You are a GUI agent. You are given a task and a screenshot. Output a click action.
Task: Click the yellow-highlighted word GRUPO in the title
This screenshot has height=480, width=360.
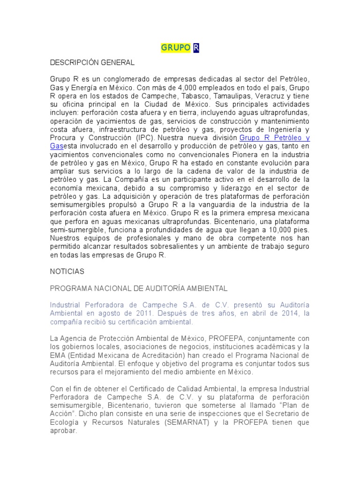176,48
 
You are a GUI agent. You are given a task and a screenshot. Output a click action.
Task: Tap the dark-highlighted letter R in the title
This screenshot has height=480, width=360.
196,48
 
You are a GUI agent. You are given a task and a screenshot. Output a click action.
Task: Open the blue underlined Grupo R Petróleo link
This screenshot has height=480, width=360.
274,138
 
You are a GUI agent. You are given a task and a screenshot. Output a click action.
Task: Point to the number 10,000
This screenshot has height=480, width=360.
276,231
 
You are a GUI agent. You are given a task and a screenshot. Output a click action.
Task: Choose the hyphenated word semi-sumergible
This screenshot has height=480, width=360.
76,231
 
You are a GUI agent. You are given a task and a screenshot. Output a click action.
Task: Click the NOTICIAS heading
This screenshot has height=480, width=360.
67,271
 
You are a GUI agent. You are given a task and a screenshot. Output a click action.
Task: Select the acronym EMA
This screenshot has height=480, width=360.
59,355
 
